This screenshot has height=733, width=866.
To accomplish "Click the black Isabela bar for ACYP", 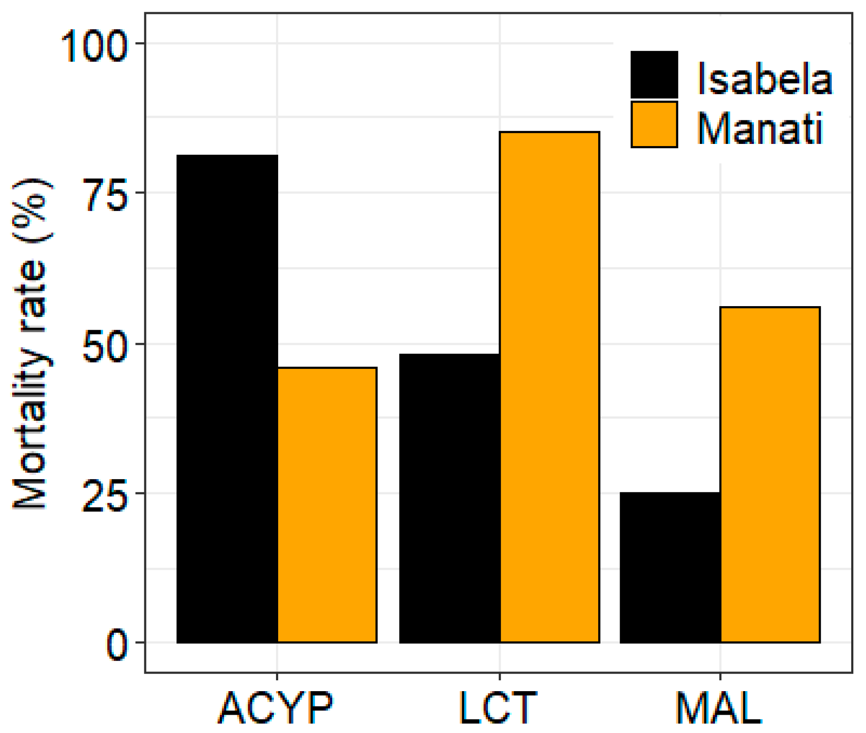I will (227, 399).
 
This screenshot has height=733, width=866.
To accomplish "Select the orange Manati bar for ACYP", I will (327, 505).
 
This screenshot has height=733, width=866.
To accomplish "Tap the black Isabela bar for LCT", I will (450, 498).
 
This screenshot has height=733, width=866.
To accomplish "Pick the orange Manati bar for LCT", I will (549, 387).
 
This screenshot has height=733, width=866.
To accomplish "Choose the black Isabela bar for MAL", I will (670, 567).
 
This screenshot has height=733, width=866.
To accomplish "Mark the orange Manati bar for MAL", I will (770, 475).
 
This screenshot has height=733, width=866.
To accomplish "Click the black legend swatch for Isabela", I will (654, 75).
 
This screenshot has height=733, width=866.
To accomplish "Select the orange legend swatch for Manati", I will (654, 125).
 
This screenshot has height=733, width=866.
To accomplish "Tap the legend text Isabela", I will (764, 78).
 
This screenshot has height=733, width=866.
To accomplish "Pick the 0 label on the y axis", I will (117, 646).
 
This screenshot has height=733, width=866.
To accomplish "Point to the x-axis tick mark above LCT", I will (500, 676).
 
